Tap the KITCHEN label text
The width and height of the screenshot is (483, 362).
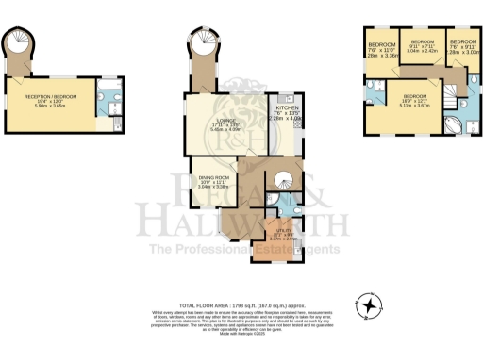[x=287, y=108]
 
